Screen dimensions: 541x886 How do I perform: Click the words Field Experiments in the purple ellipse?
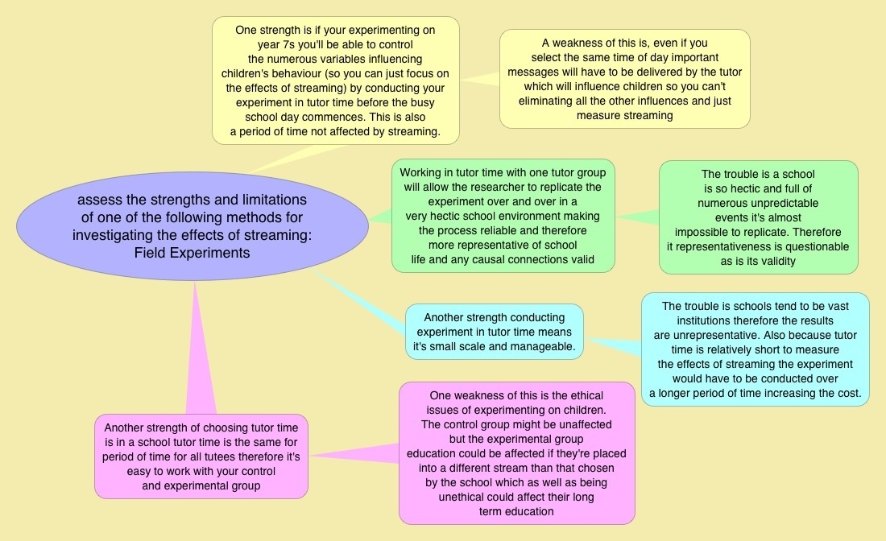tap(193, 253)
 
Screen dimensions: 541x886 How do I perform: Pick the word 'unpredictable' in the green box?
tap(758, 203)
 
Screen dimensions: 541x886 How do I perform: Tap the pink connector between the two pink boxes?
tap(354, 456)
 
